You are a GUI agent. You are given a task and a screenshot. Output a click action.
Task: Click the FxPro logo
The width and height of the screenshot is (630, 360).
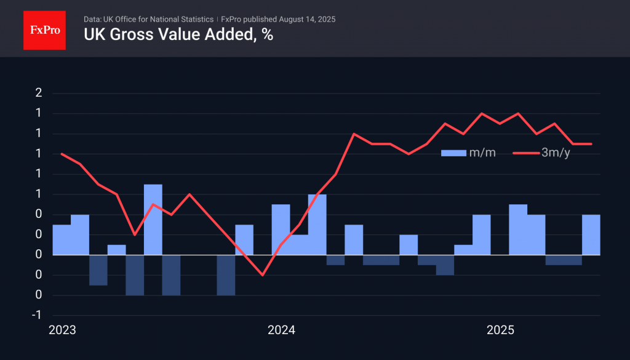coord(44,29)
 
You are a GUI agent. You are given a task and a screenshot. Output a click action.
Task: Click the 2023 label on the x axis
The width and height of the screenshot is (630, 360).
coord(62,330)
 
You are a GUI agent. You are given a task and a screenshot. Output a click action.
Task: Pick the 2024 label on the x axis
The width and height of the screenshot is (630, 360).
coord(281,330)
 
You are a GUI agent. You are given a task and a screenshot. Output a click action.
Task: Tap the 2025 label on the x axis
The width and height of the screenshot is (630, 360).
coord(500,330)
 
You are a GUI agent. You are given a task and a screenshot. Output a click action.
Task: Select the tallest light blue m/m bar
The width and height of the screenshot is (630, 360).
coord(153,219)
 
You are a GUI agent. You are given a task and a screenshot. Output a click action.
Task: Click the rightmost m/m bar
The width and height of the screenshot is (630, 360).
coord(591,234)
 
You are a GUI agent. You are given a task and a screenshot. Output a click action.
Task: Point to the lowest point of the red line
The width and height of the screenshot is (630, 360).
coord(263,275)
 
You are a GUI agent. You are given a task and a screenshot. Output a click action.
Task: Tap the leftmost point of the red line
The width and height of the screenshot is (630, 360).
coord(62,154)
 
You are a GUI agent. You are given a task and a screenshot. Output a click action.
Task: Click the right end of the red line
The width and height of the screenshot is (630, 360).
coord(591,144)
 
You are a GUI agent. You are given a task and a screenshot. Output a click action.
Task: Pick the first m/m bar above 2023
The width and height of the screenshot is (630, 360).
coord(62,239)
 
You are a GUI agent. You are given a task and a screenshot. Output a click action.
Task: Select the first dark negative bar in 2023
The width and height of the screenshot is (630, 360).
coord(98,270)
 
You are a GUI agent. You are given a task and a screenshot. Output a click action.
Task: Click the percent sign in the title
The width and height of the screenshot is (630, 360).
coord(266,34)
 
